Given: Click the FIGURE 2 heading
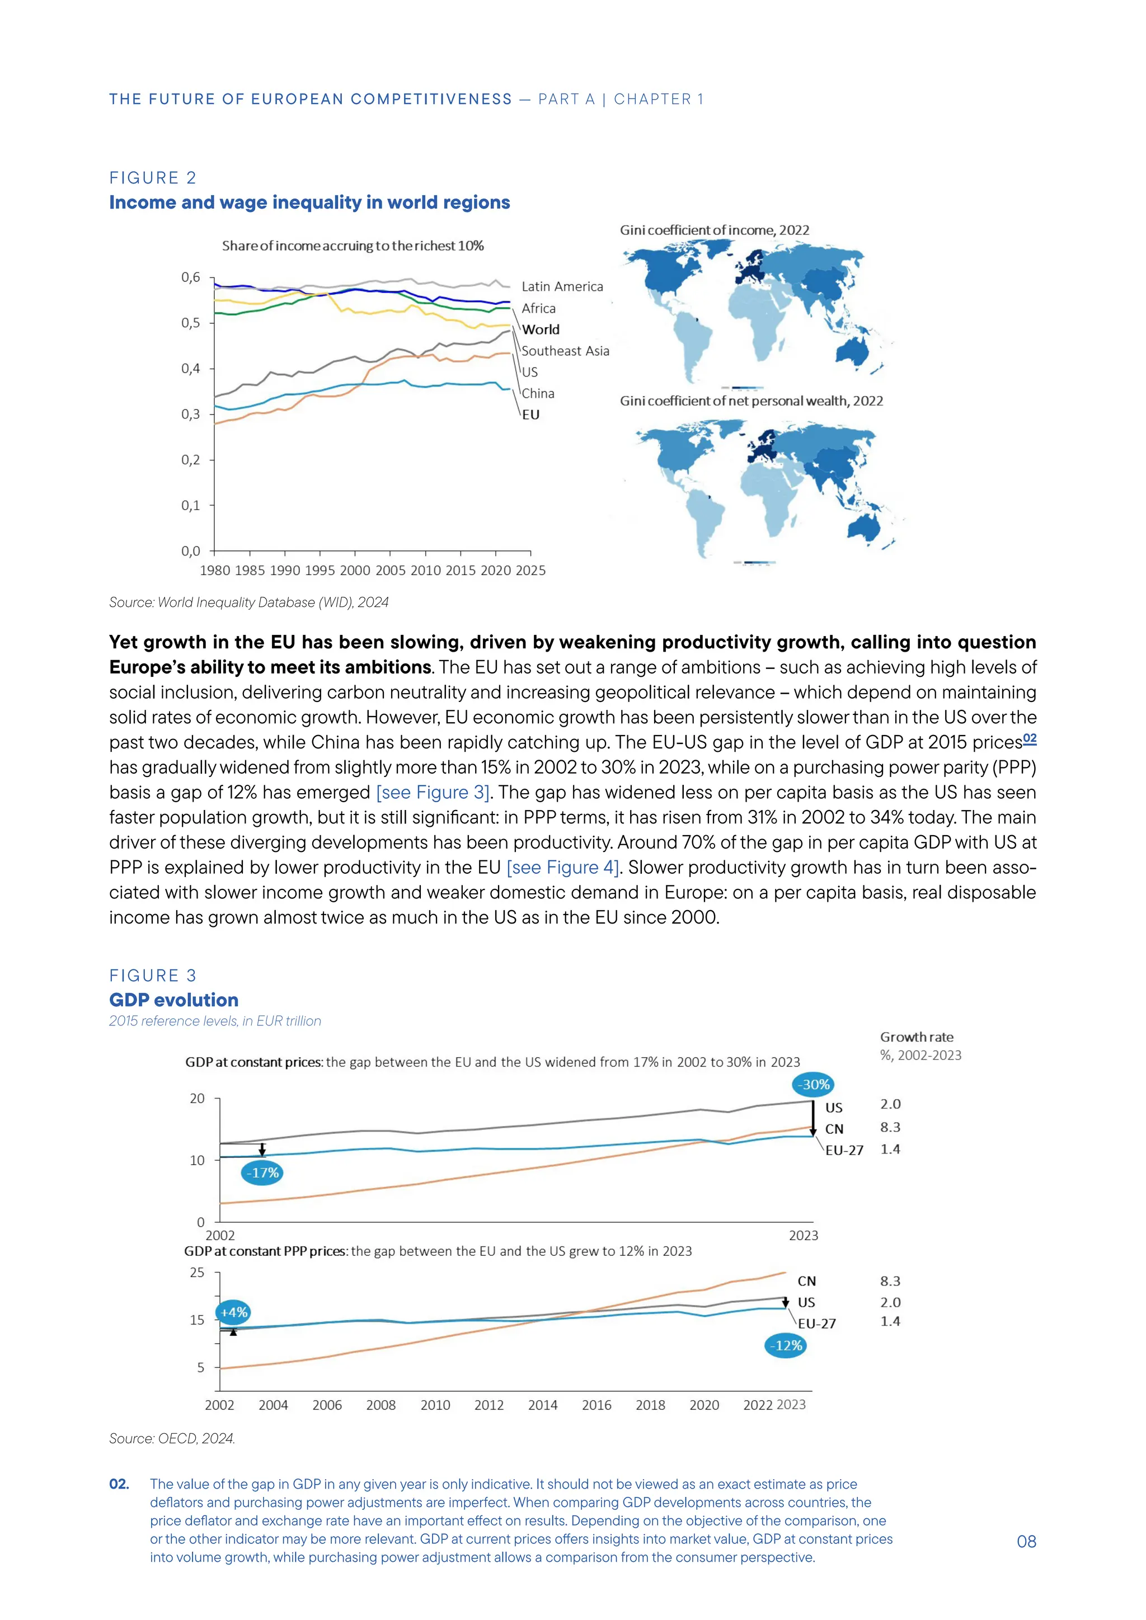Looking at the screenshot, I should point(152,178).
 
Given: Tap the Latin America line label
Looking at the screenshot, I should point(562,286).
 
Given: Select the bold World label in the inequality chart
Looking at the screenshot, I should point(541,329).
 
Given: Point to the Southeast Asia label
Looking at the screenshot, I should point(565,351).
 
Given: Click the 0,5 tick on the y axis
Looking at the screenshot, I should point(190,323).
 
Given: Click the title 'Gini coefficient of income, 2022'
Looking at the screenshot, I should point(714,230).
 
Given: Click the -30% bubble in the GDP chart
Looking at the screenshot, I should point(813,1085).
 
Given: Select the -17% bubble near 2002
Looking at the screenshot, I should point(262,1172).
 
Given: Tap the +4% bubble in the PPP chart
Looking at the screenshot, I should point(233,1312).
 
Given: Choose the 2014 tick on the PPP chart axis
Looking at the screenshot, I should point(542,1405).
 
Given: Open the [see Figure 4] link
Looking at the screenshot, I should point(562,867).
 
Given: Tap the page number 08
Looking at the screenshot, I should point(1026,1542).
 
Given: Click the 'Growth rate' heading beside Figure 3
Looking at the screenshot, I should point(916,1037).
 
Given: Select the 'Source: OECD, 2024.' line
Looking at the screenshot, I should point(171,1438).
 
